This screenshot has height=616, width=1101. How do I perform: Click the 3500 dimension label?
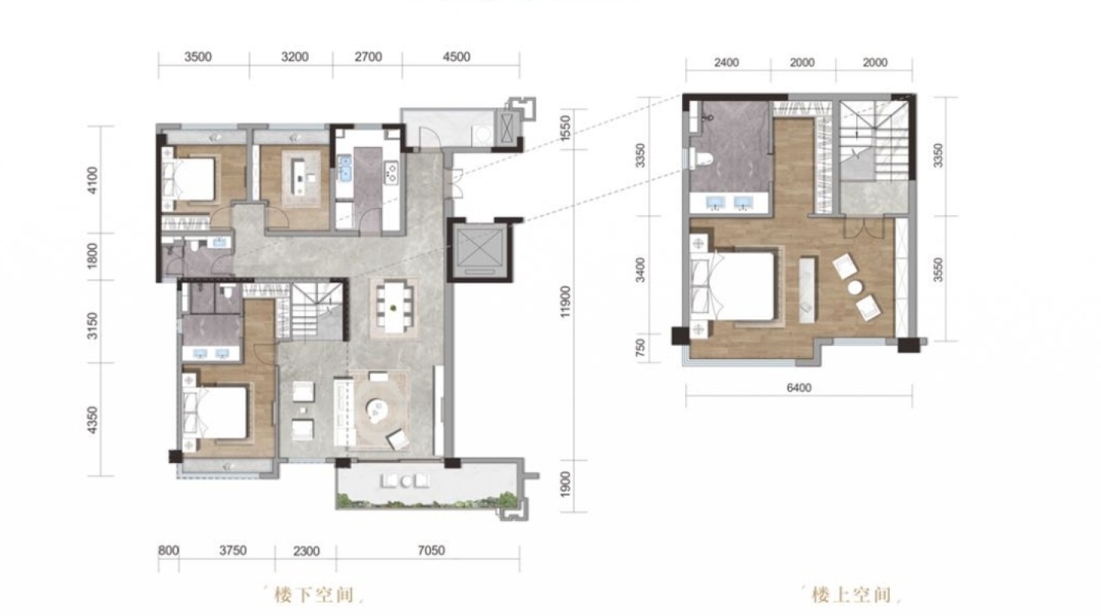point(198,57)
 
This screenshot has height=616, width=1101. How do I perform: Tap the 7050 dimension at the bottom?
point(431,550)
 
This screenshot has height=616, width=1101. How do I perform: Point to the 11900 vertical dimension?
point(566,301)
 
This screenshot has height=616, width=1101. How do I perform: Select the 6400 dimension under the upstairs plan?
point(799,388)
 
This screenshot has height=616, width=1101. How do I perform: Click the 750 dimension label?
point(640,347)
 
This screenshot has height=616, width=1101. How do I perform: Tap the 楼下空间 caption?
point(314,595)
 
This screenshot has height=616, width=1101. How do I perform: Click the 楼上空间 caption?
point(851,595)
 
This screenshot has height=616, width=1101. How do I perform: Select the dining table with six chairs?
point(394,308)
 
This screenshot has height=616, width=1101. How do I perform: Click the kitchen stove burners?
point(391,171)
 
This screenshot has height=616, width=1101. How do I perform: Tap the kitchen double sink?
point(345,168)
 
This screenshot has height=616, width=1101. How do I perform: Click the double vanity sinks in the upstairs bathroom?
point(729,203)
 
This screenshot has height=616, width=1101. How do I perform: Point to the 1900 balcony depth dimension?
point(566,484)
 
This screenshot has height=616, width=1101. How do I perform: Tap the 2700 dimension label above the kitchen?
point(369,57)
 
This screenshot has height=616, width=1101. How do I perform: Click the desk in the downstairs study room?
point(298,176)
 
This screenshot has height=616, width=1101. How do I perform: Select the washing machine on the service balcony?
point(482,134)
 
